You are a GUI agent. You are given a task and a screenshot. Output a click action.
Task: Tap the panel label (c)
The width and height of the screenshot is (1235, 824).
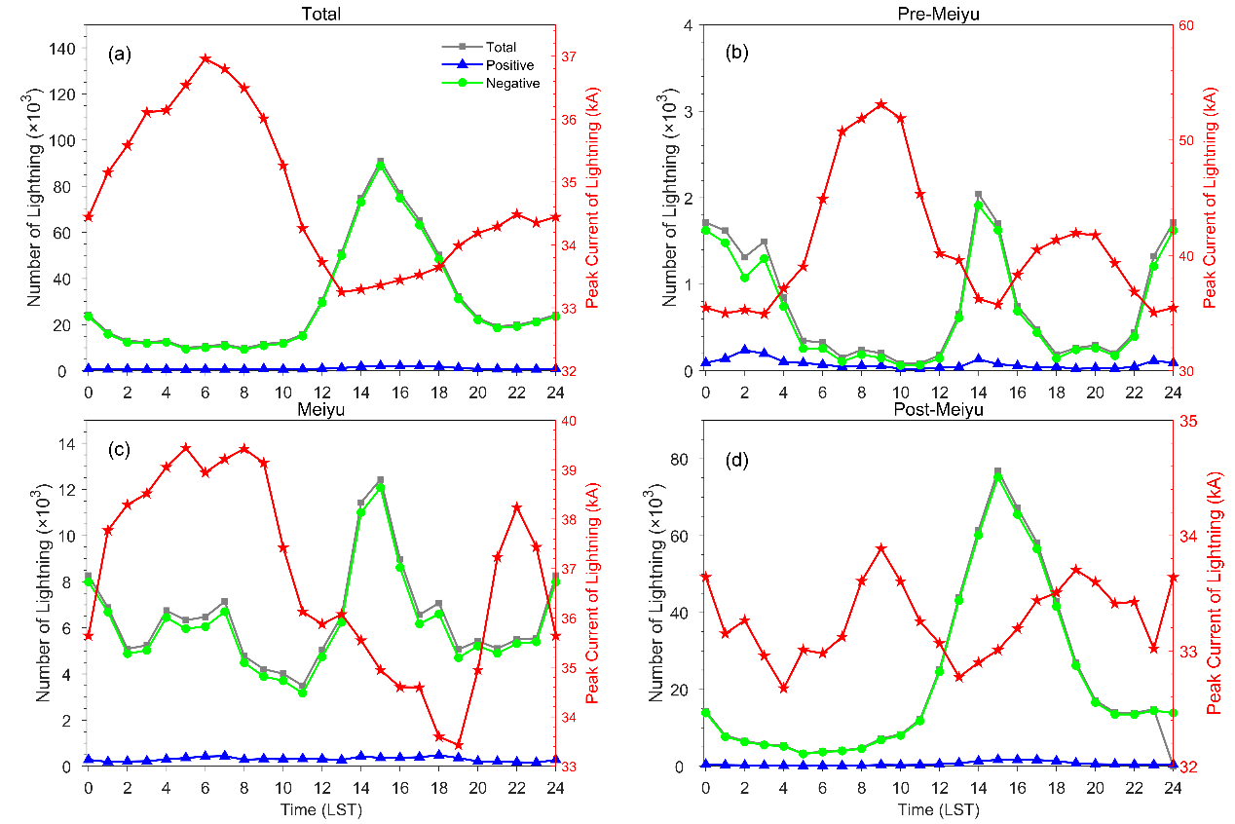click(x=119, y=451)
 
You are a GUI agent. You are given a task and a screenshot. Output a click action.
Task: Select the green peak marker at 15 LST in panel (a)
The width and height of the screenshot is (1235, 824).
click(x=380, y=167)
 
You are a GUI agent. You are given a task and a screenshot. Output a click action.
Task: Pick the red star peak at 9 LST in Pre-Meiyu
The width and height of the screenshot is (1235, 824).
click(x=880, y=104)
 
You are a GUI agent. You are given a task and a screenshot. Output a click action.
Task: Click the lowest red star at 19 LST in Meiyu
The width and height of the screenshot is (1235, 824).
click(x=458, y=745)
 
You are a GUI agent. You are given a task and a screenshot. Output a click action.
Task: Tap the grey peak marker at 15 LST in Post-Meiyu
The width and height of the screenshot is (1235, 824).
click(x=997, y=471)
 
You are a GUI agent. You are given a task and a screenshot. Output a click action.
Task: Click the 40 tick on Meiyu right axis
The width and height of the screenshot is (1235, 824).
click(x=565, y=421)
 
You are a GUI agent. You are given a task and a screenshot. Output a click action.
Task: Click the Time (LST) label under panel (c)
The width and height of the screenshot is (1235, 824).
click(x=320, y=808)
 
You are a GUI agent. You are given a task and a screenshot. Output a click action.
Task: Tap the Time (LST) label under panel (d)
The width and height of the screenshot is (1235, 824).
click(x=938, y=808)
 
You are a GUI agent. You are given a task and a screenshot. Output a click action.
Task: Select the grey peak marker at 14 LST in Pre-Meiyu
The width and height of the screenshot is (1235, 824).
click(x=978, y=195)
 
